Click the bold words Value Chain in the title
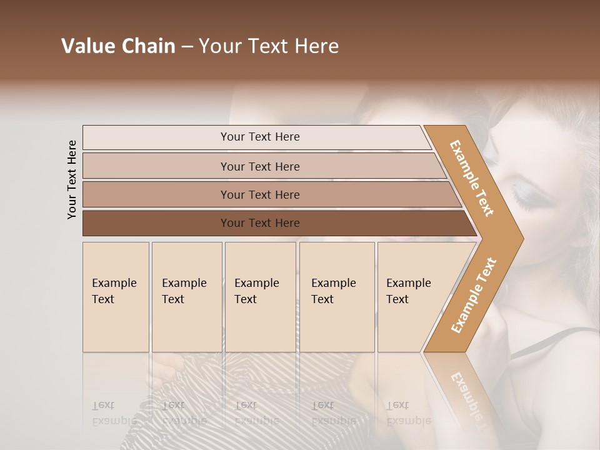pos(118,46)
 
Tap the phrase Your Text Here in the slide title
pos(269,46)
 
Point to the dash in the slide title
pos(187,47)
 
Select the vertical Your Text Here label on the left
pos(72,179)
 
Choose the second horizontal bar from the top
pos(260,166)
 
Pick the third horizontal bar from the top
pos(260,194)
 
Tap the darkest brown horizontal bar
pos(260,223)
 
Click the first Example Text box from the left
pos(116,297)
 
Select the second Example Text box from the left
pos(186,297)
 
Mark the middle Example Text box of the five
pos(260,297)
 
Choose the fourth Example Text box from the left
pos(337,297)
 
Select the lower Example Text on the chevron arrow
pos(473,296)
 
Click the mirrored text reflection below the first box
pos(114,412)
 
